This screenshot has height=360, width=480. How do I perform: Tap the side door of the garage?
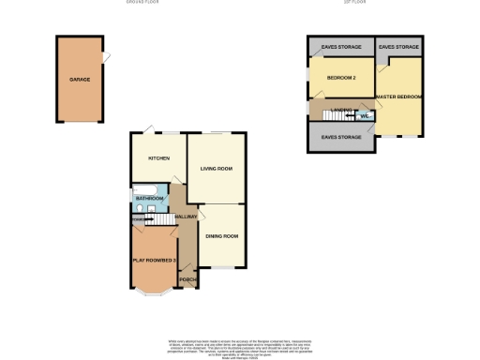tap(108, 58)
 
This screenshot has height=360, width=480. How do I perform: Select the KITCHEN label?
tap(158, 158)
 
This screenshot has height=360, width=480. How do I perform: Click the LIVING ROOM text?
tap(216, 169)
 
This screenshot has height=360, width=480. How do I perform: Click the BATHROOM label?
tap(150, 199)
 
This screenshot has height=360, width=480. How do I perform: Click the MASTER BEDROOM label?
tap(397, 96)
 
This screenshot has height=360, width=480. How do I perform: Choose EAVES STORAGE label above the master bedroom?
tap(398, 46)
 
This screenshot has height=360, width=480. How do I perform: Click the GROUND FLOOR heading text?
tap(143, 3)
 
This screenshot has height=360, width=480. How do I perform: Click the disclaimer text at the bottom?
tap(239, 346)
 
